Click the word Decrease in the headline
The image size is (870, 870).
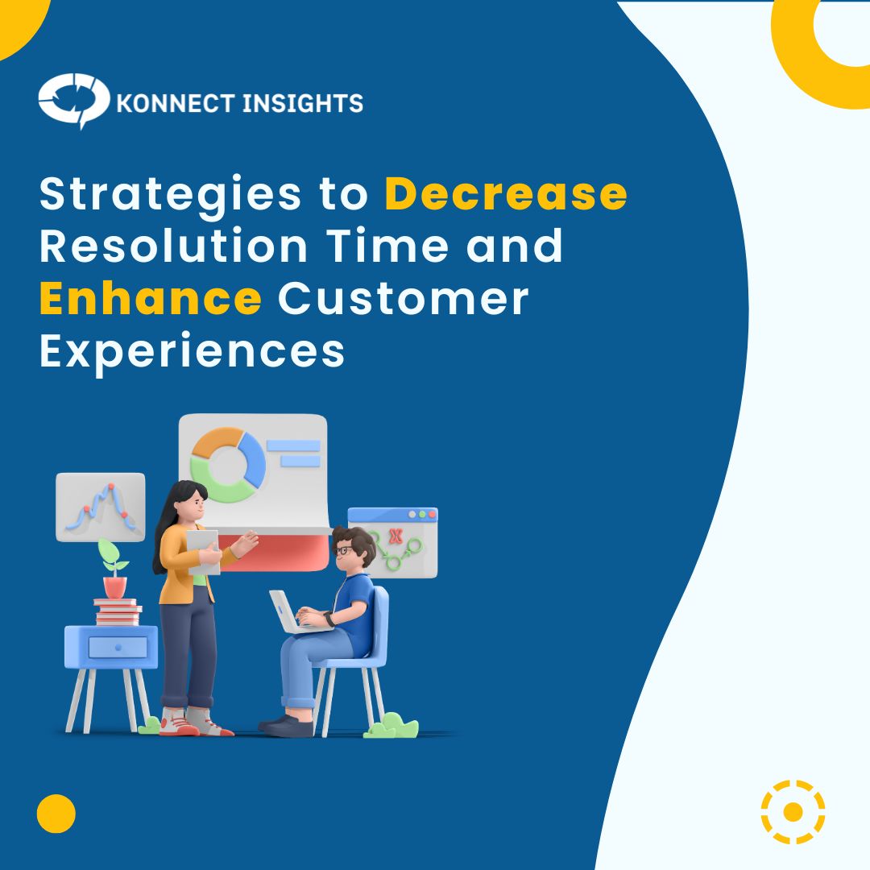pos(506,195)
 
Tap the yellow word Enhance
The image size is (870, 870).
pos(150,298)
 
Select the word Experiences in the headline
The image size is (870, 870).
pos(192,351)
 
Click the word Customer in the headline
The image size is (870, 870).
pos(404,298)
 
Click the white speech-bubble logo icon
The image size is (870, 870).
pos(72,101)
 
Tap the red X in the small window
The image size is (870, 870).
pos(395,535)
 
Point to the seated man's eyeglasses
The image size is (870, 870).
pos(345,550)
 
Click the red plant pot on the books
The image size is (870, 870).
pos(114,586)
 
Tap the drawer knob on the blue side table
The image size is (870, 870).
pos(118,647)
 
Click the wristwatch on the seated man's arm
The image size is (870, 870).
pos(329,619)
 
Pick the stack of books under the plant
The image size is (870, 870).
pos(118,612)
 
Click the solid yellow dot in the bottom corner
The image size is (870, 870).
pos(56,814)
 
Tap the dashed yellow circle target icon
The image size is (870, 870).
pos(793,811)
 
